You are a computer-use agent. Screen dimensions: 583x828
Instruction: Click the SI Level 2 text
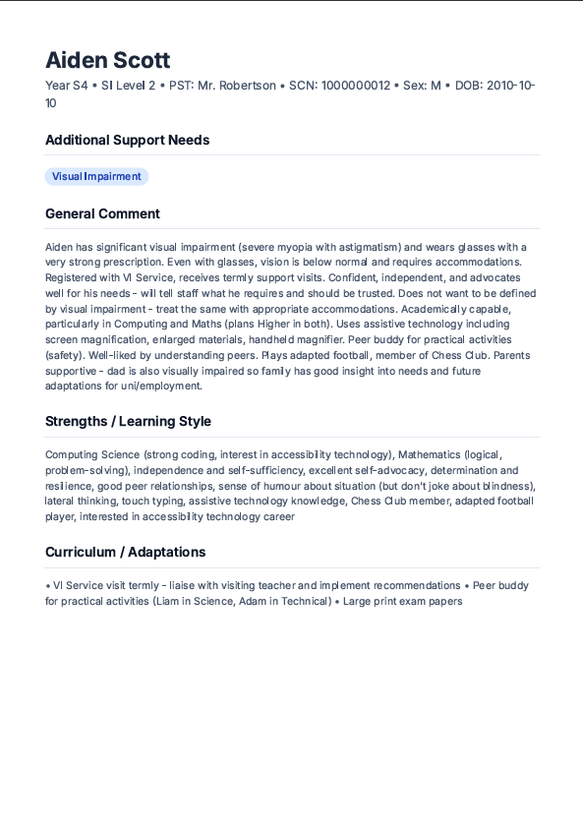129,86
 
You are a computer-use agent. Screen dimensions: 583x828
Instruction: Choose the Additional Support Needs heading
127,140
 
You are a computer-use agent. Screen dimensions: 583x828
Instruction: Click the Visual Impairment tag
96,177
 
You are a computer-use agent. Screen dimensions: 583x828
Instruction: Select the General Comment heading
102,213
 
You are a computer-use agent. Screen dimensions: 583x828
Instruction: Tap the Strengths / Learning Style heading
128,421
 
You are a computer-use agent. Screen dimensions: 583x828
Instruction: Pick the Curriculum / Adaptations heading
125,552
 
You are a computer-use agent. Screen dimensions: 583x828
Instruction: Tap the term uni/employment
158,385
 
